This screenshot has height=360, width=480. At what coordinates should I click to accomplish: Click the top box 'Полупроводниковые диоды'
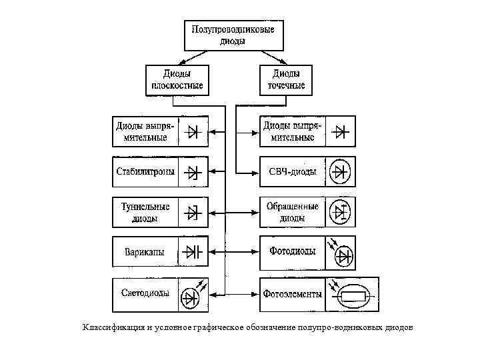pos(233,35)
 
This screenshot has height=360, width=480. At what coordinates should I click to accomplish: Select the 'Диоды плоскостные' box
pos(174,79)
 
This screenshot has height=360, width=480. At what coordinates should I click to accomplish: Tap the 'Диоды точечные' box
pos(287,79)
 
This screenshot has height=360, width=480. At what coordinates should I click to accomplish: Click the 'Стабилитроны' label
pos(145,172)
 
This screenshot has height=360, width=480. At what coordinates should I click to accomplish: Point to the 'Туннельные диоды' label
pos(145,212)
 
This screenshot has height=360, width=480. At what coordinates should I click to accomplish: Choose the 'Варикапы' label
pos(145,253)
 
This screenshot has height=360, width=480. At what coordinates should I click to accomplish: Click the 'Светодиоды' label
pos(145,293)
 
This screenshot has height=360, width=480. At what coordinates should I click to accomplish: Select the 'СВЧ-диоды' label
pos(292,172)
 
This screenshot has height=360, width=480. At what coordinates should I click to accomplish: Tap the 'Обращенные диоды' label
pos(292,212)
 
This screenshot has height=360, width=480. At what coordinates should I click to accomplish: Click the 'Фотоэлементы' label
pos(293,294)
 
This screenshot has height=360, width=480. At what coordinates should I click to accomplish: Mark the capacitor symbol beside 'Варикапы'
pos(193,252)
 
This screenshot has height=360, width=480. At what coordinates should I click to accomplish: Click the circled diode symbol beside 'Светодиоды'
pos(193,295)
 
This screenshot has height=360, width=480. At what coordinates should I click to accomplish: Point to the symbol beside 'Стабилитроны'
pos(193,173)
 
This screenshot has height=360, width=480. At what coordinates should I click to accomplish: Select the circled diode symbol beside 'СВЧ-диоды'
pos(341,173)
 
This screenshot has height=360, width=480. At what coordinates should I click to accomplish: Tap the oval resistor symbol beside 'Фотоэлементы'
pos(353,295)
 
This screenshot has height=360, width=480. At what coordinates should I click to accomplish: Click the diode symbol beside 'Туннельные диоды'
pos(193,213)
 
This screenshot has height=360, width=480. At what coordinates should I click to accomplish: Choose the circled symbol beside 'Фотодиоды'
pos(343,255)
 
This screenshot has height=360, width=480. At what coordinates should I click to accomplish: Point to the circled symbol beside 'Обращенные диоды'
pos(341,213)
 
